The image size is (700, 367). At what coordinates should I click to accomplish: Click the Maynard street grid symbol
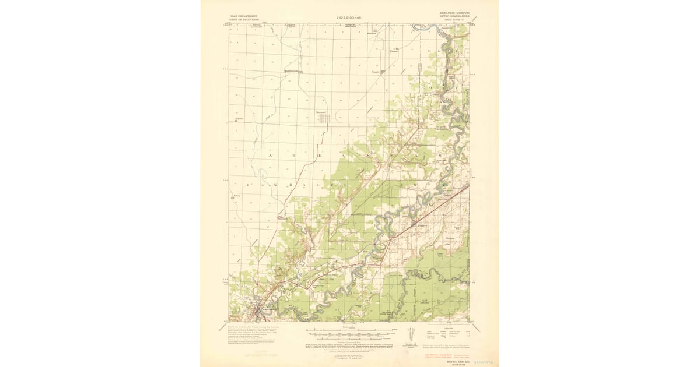(324, 119)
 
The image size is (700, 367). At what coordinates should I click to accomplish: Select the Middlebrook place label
(290, 71)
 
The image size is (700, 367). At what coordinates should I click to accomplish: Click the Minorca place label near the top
(380, 33)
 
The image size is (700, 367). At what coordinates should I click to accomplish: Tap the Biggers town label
(421, 223)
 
